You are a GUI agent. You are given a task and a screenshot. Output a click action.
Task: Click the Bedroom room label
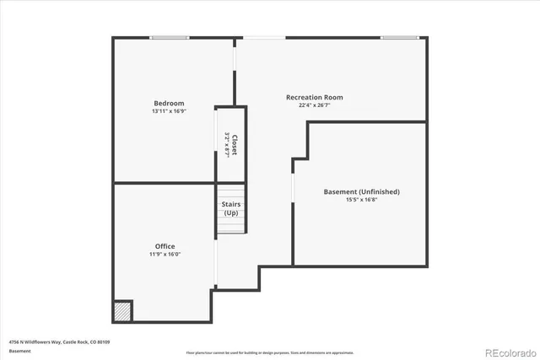[169, 104]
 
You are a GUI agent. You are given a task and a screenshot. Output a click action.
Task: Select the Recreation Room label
[314, 97]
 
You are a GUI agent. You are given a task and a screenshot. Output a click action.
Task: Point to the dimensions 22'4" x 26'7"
[314, 105]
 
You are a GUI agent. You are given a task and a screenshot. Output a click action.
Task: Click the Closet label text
[235, 145]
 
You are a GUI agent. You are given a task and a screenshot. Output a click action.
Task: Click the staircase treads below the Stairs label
[230, 225]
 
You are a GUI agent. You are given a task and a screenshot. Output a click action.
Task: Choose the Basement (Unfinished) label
[361, 192]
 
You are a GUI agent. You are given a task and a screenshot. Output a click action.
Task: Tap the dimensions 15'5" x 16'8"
[361, 201]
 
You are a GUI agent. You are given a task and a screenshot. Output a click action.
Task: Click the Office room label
[165, 246]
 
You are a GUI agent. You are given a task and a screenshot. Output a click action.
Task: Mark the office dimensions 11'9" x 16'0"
[165, 255]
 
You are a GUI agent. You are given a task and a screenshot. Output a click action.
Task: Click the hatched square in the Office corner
[123, 311]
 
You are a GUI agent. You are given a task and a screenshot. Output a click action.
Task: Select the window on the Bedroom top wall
[170, 37]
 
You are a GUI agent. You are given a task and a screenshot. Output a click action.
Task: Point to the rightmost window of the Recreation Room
[399, 37]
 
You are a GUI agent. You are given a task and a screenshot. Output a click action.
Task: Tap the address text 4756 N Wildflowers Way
[59, 341]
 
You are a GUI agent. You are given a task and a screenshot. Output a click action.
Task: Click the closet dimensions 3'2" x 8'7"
[227, 145]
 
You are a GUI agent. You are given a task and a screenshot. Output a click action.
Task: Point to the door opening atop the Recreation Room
[265, 37]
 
